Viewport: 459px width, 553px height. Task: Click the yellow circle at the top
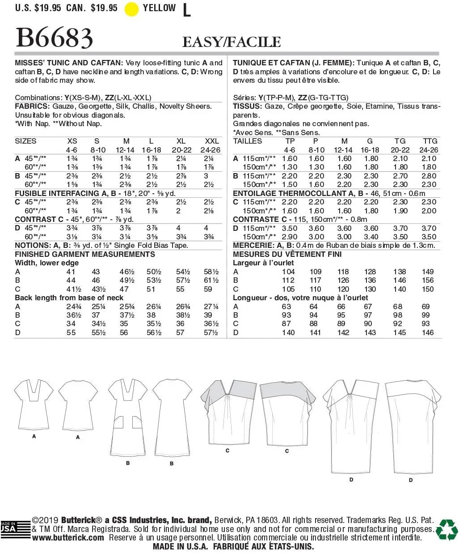tap(131, 9)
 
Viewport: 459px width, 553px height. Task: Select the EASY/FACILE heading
tap(232, 42)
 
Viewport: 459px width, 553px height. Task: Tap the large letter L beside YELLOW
tap(186, 10)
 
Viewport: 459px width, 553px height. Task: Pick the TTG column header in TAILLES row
tap(430, 141)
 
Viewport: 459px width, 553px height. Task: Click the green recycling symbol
tap(446, 529)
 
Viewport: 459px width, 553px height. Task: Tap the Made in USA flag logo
tap(9, 528)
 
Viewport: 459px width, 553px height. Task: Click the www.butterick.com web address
tap(68, 538)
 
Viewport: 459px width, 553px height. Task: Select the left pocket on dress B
tap(119, 422)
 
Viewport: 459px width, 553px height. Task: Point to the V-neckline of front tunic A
tap(34, 389)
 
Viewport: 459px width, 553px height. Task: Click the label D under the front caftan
tap(351, 480)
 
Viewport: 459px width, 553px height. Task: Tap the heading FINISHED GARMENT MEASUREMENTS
tap(85, 254)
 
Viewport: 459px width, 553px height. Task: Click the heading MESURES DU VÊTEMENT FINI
tap(287, 254)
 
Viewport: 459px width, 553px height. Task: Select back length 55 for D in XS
tap(71, 332)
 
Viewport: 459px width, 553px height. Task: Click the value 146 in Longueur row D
tap(427, 332)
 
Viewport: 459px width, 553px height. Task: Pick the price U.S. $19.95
tap(38, 8)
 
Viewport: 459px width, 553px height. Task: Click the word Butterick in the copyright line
tap(78, 520)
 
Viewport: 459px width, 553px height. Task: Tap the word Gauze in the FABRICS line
tap(63, 106)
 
